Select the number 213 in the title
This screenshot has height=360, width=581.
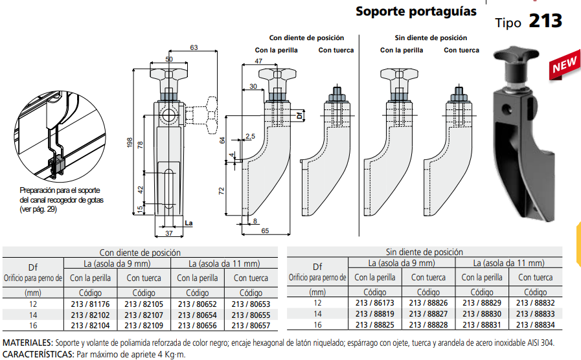tap(545, 21)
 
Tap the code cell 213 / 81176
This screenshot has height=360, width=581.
tap(90, 303)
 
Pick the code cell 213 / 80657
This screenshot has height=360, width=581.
tap(250, 325)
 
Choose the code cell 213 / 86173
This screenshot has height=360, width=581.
tap(375, 303)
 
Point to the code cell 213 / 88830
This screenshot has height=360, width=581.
tap(481, 314)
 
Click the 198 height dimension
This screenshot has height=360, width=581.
tap(130, 142)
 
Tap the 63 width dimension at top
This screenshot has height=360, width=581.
tap(194, 47)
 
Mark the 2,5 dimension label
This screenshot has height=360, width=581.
tap(251, 136)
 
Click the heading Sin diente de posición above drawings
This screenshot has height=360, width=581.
tap(430, 38)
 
